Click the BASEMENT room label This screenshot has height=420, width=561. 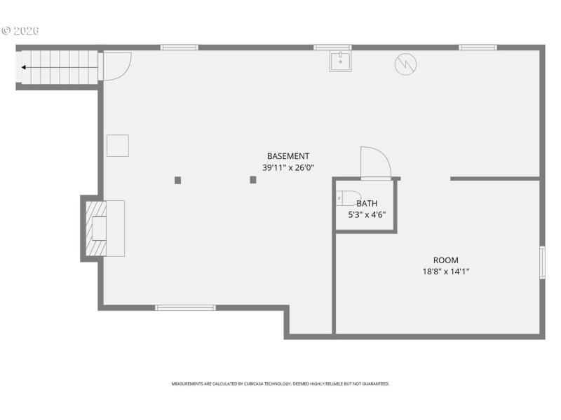click(288, 156)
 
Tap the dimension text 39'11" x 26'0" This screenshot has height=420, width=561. click(288, 167)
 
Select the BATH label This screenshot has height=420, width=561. click(367, 204)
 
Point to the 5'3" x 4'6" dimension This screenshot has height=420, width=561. click(367, 215)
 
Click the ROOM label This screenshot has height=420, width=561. click(445, 260)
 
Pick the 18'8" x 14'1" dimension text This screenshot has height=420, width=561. click(445, 272)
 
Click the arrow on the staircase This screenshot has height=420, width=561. click(25, 68)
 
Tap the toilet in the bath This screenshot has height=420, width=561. click(349, 198)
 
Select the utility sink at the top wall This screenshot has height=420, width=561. click(341, 62)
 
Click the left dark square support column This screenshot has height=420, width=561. click(177, 180)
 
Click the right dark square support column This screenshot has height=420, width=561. click(253, 180)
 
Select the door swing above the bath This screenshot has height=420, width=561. click(375, 163)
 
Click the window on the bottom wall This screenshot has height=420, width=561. click(185, 307)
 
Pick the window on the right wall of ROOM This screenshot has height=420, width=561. click(542, 262)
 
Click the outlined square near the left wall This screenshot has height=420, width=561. click(117, 146)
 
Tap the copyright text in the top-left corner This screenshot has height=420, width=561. click(20, 31)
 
